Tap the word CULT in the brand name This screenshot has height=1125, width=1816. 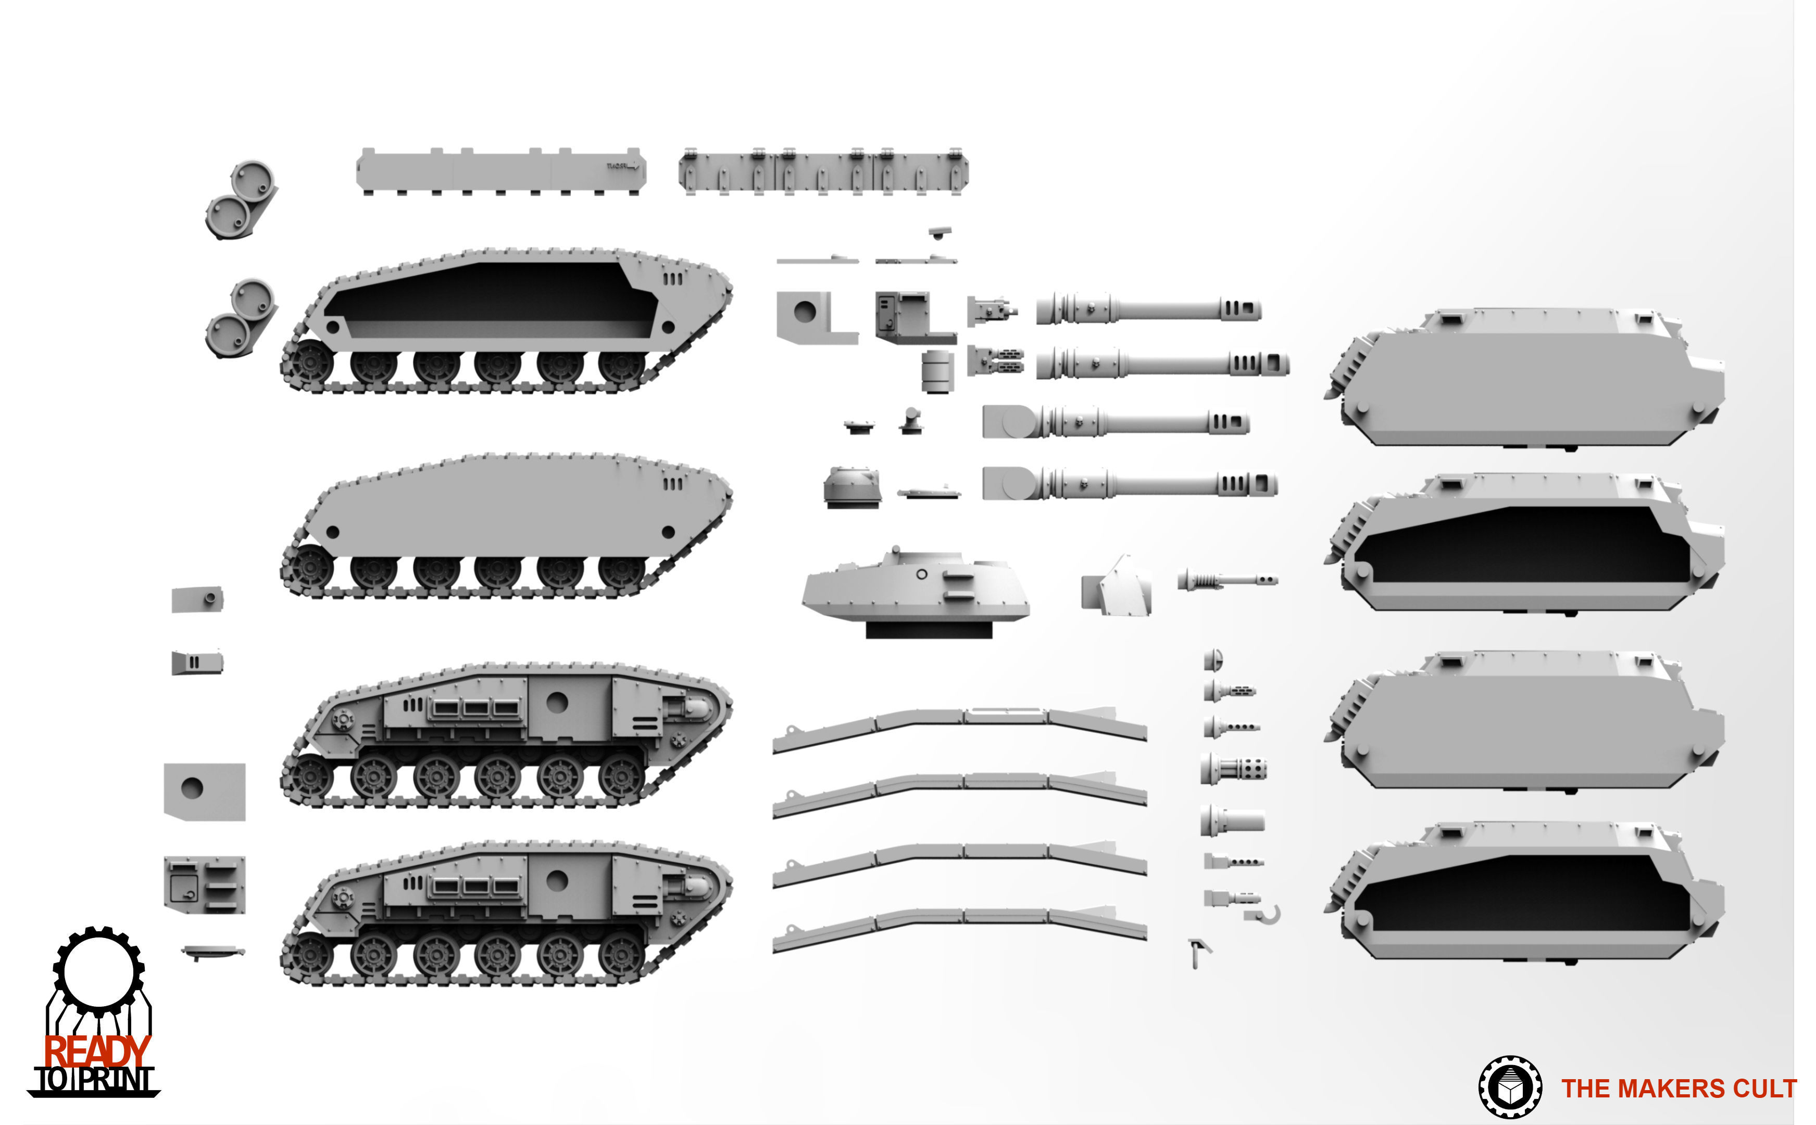pyautogui.click(x=1764, y=1089)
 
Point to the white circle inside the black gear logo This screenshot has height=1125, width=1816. pyautogui.click(x=98, y=972)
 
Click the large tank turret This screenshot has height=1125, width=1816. pyautogui.click(x=915, y=588)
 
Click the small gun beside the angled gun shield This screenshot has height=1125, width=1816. pyautogui.click(x=1226, y=580)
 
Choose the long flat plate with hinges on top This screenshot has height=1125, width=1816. pyautogui.click(x=823, y=172)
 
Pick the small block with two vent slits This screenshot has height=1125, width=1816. pyautogui.click(x=196, y=661)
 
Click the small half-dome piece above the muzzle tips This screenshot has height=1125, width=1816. pyautogui.click(x=1212, y=658)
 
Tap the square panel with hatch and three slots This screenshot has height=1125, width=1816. pyautogui.click(x=204, y=884)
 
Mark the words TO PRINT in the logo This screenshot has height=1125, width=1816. pyautogui.click(x=95, y=1080)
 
